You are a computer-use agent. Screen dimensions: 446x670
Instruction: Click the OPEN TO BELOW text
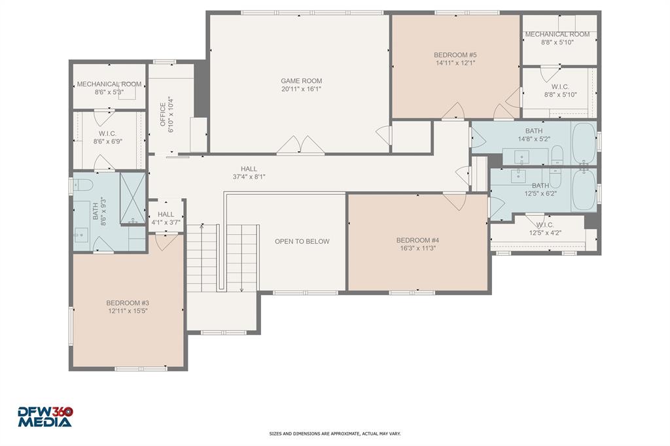(x=302, y=241)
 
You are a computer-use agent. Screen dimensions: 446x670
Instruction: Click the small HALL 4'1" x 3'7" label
(x=166, y=218)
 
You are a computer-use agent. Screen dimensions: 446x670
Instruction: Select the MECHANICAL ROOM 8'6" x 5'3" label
(x=109, y=88)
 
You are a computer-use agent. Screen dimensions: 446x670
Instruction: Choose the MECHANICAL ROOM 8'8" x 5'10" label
(x=557, y=38)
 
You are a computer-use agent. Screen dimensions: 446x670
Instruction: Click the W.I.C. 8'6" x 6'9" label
(x=108, y=137)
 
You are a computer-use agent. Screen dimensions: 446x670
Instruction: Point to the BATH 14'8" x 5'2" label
(x=533, y=135)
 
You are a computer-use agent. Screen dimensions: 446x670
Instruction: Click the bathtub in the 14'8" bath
(x=583, y=143)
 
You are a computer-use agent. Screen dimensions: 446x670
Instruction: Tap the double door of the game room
(x=300, y=146)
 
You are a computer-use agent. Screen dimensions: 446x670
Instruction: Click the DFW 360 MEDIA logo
(x=44, y=417)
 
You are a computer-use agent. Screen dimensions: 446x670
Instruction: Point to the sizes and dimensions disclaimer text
(x=334, y=434)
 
